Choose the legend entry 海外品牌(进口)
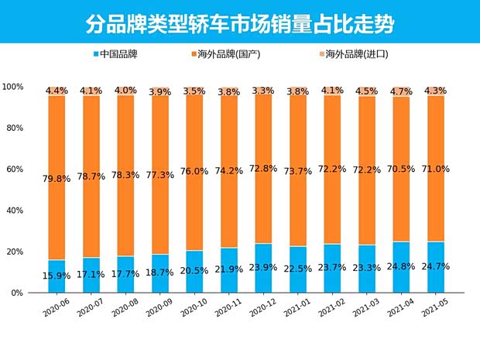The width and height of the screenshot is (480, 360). [x=353, y=55]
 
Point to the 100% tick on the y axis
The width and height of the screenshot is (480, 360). [x=13, y=86]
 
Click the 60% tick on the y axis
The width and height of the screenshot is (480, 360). [x=15, y=169]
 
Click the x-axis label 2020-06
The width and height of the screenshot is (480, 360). [x=57, y=309]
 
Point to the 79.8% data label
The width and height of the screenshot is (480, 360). [x=57, y=178]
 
